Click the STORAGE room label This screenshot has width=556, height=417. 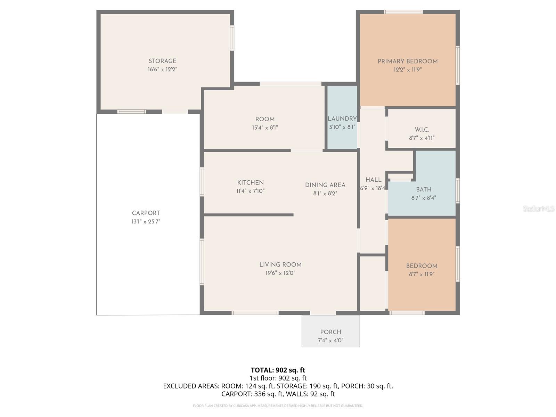pyautogui.click(x=162, y=61)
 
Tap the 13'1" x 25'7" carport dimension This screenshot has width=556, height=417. pyautogui.click(x=146, y=222)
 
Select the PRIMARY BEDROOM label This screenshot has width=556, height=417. pyautogui.click(x=407, y=62)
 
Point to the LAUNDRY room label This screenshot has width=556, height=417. pyautogui.click(x=342, y=119)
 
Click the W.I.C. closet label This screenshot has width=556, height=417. pyautogui.click(x=422, y=130)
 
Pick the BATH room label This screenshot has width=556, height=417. pyautogui.click(x=424, y=189)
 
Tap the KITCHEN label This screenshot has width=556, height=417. pyautogui.click(x=250, y=183)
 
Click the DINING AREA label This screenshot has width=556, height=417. pyautogui.click(x=325, y=185)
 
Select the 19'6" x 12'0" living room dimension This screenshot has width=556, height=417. pyautogui.click(x=280, y=273)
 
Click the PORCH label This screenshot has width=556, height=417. pyautogui.click(x=330, y=332)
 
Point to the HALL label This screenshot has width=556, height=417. pyautogui.click(x=373, y=180)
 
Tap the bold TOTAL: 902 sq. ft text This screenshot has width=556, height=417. pyautogui.click(x=278, y=370)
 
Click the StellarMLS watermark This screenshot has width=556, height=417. pyautogui.click(x=538, y=209)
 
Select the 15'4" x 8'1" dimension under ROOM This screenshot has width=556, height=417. pyautogui.click(x=265, y=128)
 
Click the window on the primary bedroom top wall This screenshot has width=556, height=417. pyautogui.click(x=403, y=12)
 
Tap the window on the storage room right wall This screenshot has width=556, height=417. pyautogui.click(x=232, y=38)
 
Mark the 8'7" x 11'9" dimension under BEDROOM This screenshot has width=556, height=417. pyautogui.click(x=422, y=274)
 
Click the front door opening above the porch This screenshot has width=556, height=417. pyautogui.click(x=323, y=313)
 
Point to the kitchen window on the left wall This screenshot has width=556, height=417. pyautogui.click(x=202, y=182)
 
